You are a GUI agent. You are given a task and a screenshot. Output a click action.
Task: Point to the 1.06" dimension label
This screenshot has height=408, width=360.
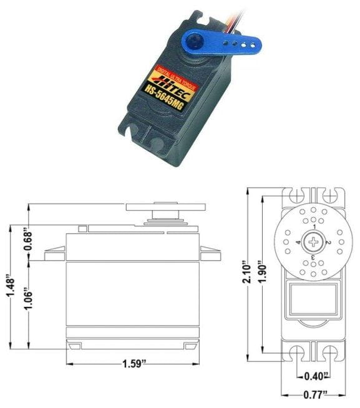pos(29,304)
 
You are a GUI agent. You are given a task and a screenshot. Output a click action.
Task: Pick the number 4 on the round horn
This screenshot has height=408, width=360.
pos(299,242)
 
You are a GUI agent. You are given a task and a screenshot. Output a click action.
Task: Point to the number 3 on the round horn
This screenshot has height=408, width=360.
pos(312,256)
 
